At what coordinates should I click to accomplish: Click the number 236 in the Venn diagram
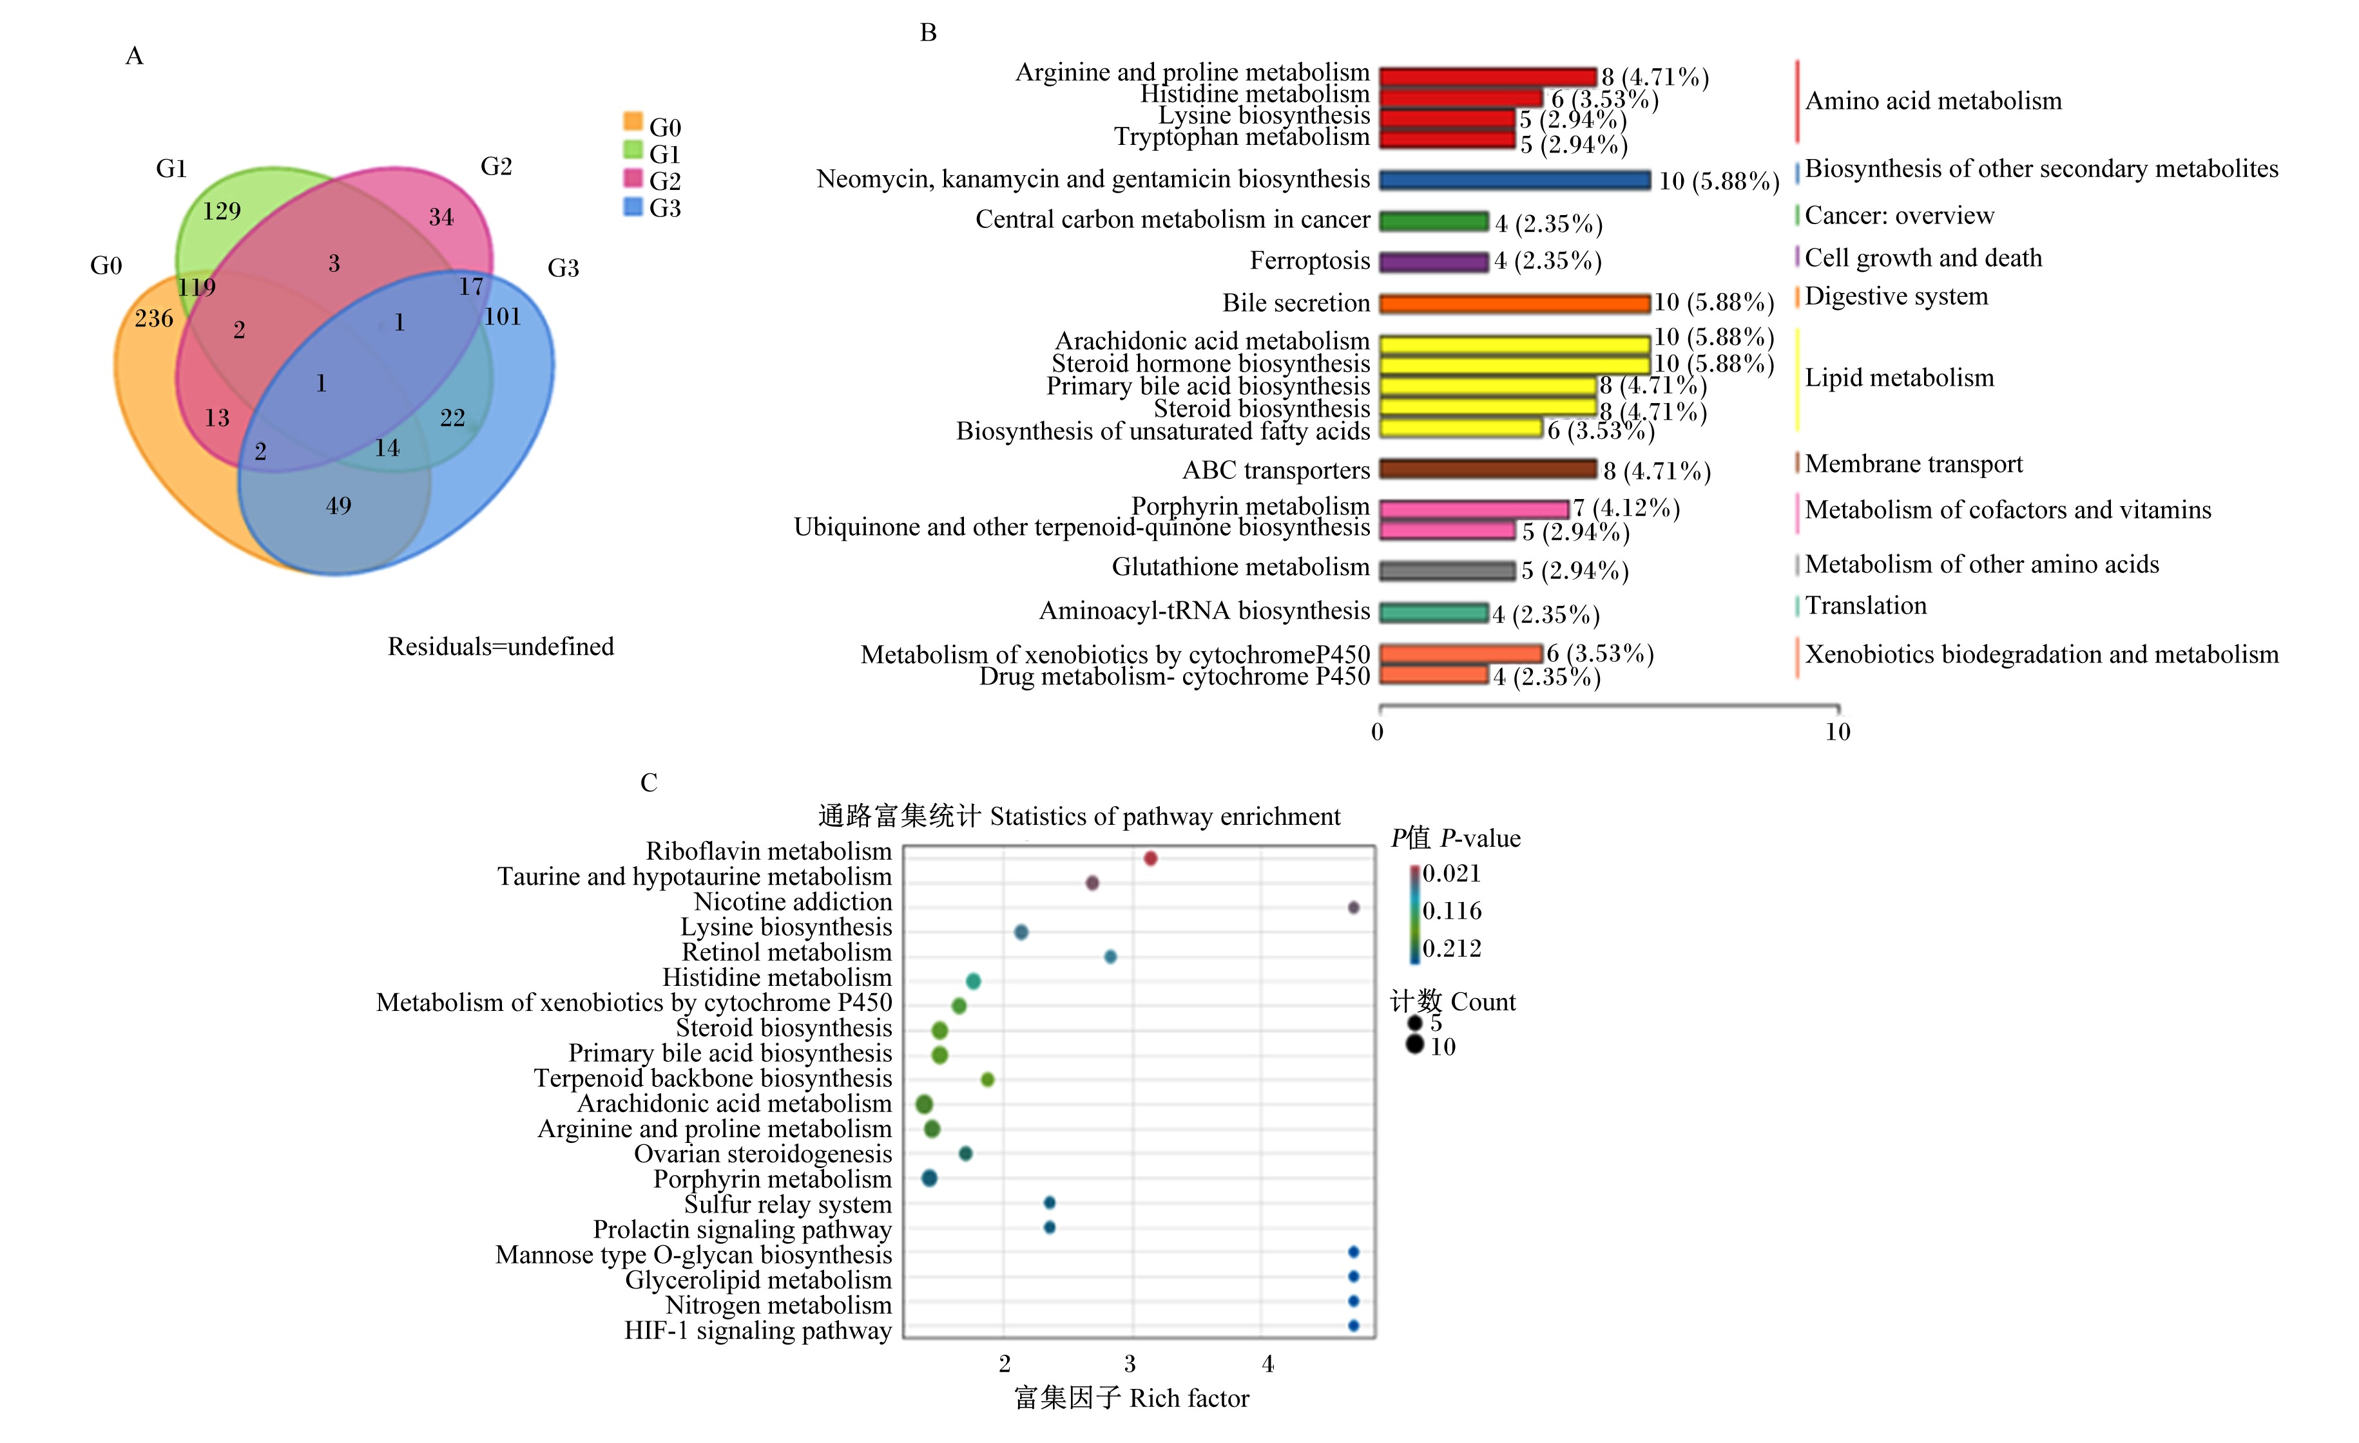click(153, 319)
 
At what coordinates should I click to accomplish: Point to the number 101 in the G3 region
click(503, 317)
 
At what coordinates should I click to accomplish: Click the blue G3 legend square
click(633, 206)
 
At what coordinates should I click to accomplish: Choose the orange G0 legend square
click(633, 120)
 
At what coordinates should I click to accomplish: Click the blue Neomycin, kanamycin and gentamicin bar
click(1515, 180)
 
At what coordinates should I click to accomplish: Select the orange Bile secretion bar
click(1515, 303)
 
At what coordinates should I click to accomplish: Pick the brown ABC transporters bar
click(1488, 469)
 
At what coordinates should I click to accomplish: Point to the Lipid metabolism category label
click(1900, 378)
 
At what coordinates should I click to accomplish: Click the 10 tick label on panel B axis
click(1836, 732)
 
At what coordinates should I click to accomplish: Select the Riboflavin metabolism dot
click(1151, 858)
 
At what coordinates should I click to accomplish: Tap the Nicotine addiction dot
click(1353, 907)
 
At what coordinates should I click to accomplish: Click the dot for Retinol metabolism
click(1111, 957)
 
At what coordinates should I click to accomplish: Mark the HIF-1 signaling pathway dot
click(1353, 1325)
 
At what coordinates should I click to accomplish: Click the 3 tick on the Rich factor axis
click(1131, 1364)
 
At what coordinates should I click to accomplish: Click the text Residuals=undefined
click(501, 647)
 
